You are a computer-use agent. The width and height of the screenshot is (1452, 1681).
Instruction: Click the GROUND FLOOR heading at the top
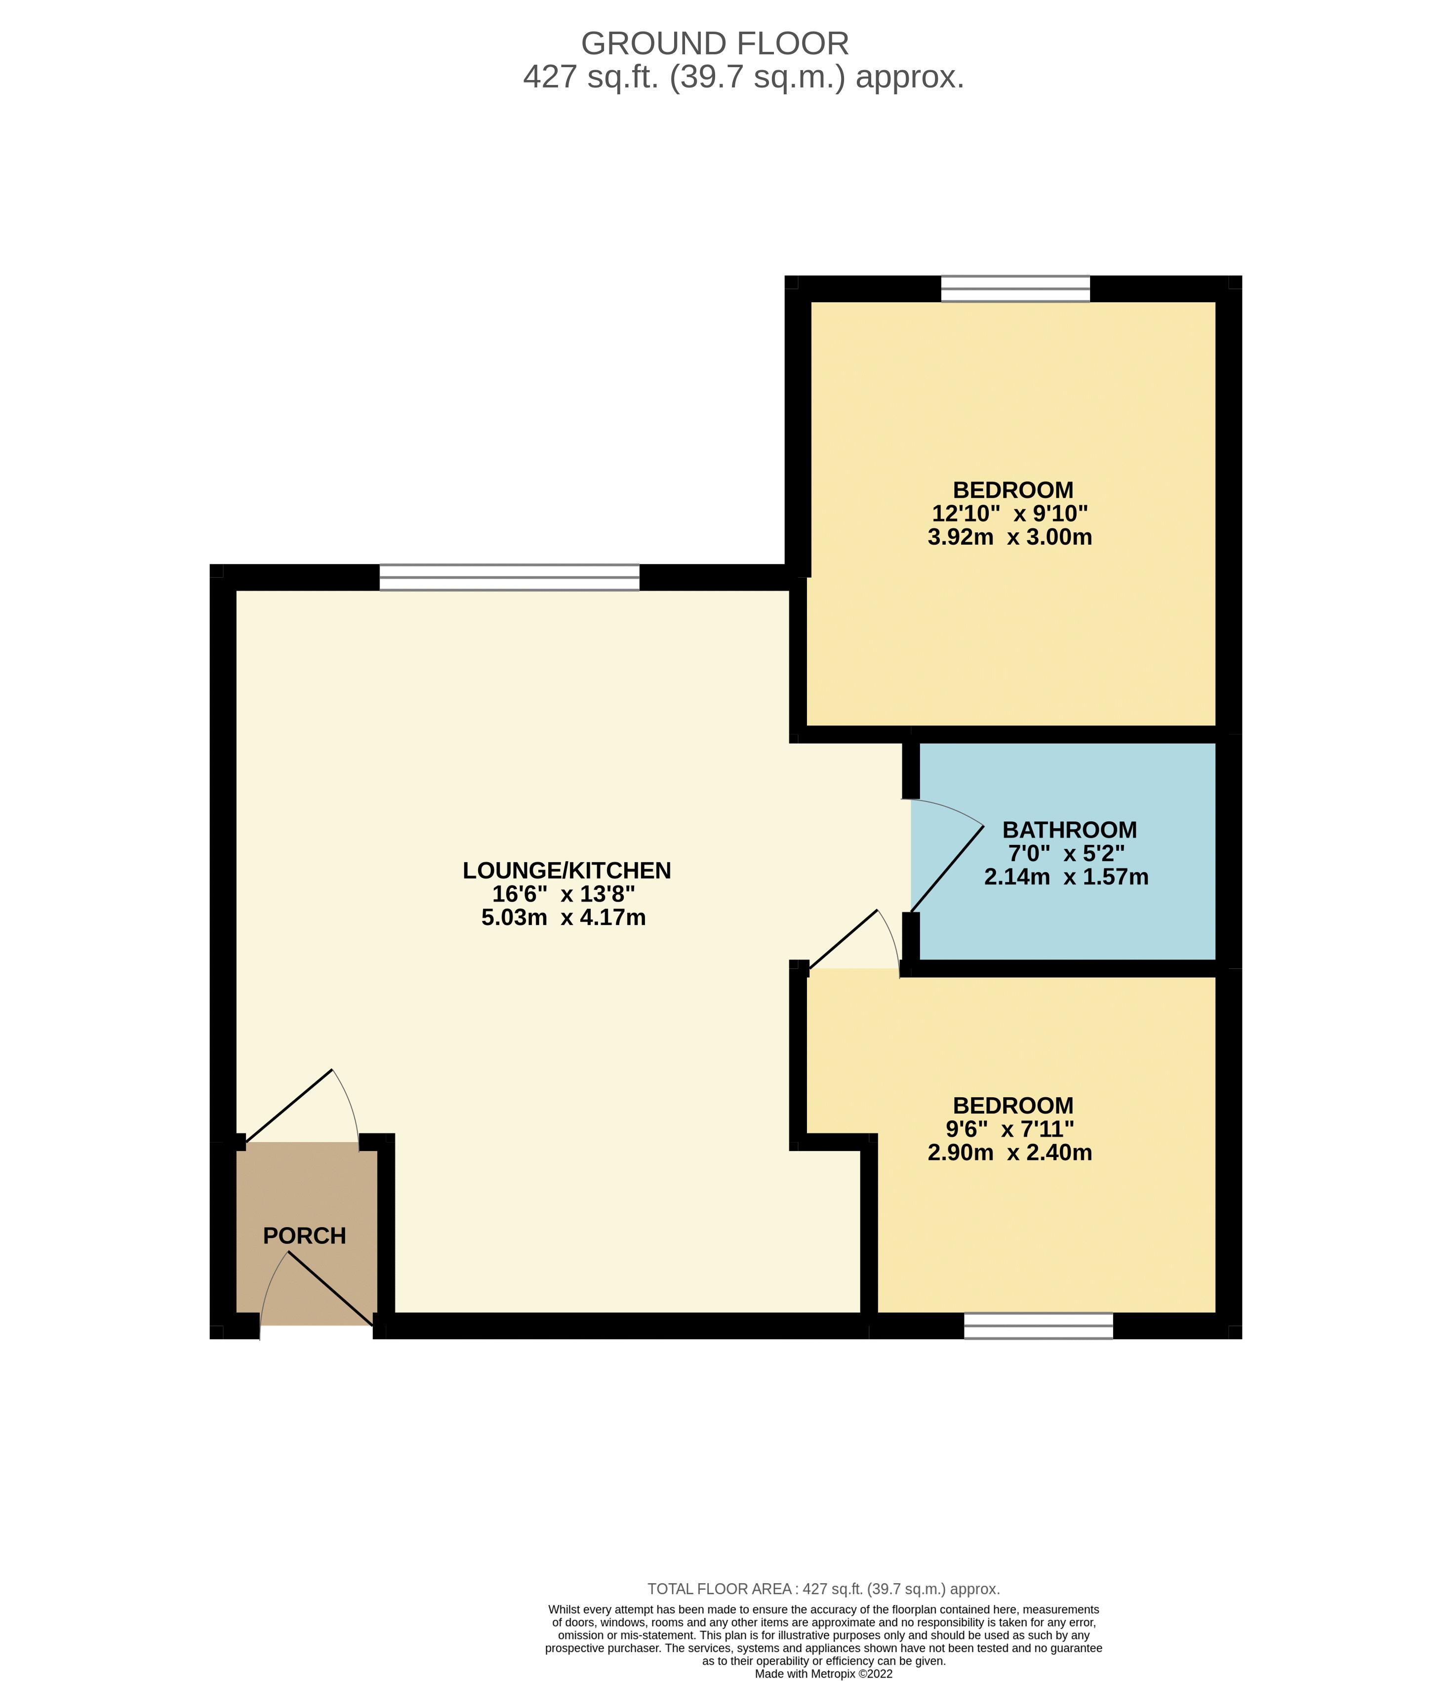[715, 43]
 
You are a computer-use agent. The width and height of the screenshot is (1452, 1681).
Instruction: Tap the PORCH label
[304, 1236]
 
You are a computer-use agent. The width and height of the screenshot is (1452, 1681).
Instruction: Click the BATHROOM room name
[1069, 830]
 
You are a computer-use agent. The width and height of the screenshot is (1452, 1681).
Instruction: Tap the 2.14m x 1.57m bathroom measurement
[1066, 877]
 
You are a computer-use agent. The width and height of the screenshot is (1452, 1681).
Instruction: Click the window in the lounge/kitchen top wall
[509, 577]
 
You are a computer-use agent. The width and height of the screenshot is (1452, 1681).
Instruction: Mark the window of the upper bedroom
[1015, 289]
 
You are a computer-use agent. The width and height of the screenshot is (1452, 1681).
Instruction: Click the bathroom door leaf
[947, 869]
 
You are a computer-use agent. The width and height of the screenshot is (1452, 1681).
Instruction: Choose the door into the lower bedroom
[844, 939]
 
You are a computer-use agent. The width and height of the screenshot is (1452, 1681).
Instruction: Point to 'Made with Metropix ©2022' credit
[823, 1673]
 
